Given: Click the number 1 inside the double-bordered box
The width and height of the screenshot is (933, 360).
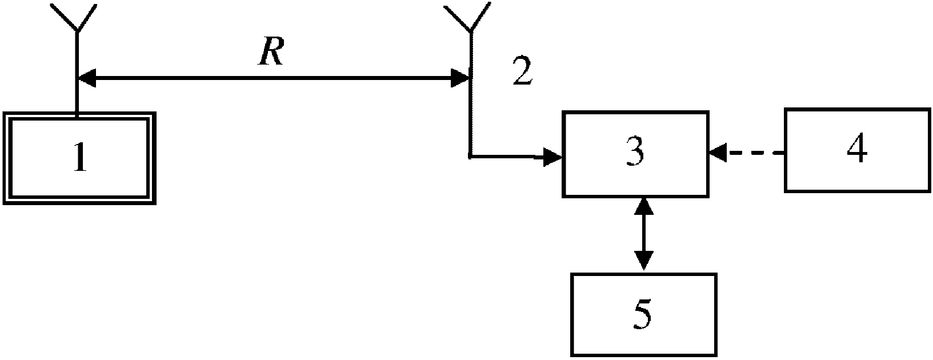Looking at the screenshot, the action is tap(81, 157).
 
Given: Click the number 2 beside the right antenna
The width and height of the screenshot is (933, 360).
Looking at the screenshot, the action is tap(522, 71).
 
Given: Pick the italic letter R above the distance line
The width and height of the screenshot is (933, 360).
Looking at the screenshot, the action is tap(271, 51).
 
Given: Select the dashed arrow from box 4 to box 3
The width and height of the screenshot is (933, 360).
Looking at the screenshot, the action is tap(746, 153).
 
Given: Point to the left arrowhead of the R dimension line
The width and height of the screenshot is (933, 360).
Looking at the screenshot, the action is tap(87, 78).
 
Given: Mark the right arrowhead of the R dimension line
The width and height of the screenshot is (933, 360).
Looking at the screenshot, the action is tap(461, 78).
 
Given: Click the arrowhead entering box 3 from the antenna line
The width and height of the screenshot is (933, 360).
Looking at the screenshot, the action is tap(553, 157).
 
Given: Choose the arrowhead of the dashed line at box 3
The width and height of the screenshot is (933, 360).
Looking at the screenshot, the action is tap(718, 153).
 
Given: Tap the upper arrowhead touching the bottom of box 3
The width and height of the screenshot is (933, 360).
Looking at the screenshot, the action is tap(643, 206).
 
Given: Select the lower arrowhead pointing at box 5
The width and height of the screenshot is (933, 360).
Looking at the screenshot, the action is tap(643, 261).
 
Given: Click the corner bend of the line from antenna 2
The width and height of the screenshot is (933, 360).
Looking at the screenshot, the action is tap(470, 157).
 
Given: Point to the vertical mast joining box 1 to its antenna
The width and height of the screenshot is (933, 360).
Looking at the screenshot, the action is tap(76, 73).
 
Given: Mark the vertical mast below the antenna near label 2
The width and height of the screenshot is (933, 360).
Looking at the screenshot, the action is tap(470, 94).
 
